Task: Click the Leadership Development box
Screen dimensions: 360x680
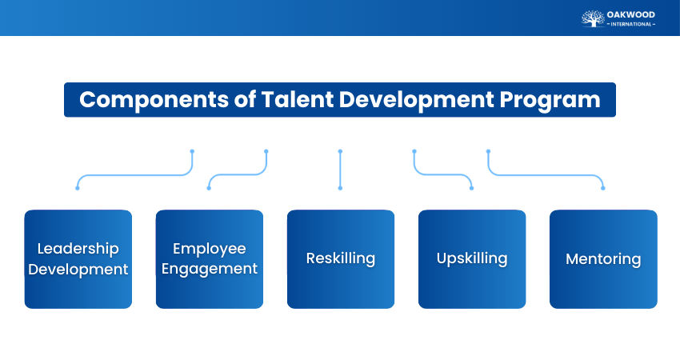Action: click(x=78, y=259)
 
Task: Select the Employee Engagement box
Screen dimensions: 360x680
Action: click(x=209, y=259)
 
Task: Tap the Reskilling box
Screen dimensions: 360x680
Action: click(x=340, y=259)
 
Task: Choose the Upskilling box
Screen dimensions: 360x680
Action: click(x=471, y=259)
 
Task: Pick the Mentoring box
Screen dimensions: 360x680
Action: click(x=602, y=259)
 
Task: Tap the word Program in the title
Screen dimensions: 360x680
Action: click(x=548, y=100)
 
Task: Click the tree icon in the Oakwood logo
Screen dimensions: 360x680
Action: click(x=593, y=18)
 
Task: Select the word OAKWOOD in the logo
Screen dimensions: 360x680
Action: click(x=631, y=14)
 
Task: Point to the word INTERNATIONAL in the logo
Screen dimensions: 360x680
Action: click(x=631, y=24)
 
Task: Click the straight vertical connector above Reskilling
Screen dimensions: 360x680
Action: click(x=340, y=170)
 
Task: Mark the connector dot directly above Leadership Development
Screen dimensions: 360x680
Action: click(x=78, y=188)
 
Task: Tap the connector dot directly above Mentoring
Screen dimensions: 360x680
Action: click(x=602, y=188)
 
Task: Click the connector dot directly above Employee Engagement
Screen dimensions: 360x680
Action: click(x=209, y=188)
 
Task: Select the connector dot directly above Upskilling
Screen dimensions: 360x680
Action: click(x=471, y=188)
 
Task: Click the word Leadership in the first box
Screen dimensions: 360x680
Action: click(x=78, y=249)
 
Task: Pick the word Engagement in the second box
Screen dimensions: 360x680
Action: click(x=209, y=269)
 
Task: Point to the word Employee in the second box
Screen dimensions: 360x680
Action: click(x=209, y=249)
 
